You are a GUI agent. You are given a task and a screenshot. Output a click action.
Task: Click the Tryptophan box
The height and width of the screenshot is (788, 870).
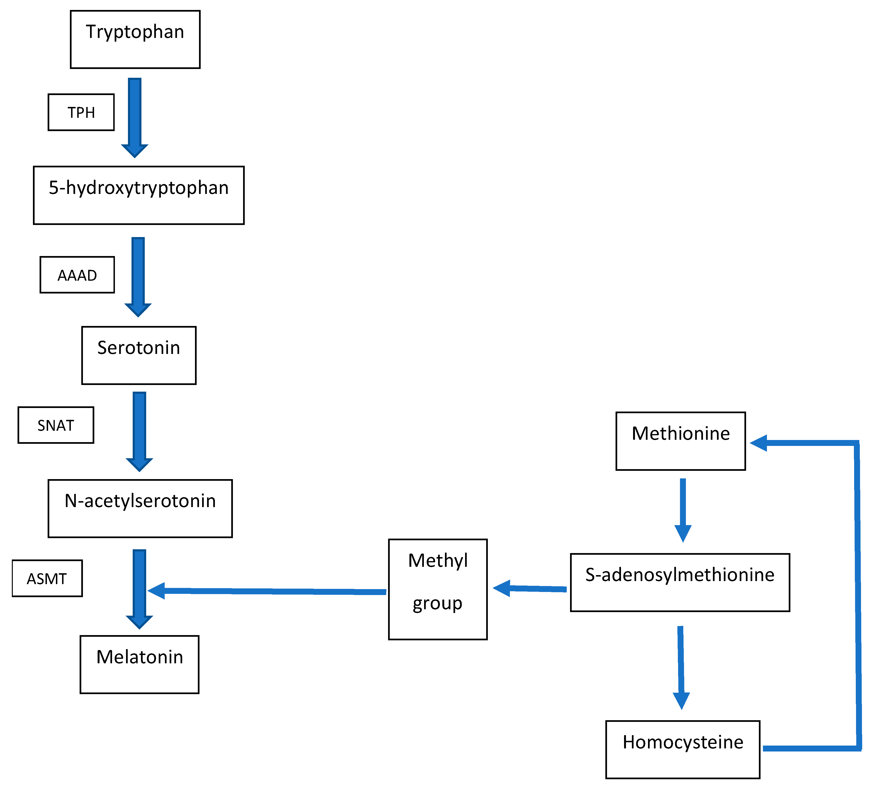(135, 39)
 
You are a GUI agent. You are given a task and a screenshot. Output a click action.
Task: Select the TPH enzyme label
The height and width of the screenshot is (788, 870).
(81, 112)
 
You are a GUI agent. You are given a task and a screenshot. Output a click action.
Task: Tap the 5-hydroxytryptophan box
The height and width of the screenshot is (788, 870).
(139, 195)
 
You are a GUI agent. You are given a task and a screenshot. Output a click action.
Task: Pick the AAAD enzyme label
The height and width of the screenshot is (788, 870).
(77, 275)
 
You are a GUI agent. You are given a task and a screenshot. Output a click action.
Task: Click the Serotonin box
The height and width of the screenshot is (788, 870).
(139, 355)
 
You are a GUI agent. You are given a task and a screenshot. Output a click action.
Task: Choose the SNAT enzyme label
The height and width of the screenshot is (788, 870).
(56, 425)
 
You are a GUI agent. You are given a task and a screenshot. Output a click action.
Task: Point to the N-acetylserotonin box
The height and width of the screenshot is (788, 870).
(140, 509)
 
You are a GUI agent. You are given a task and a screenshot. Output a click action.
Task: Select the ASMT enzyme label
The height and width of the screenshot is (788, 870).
(47, 579)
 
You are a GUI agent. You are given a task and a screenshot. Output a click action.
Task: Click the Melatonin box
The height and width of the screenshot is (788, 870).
(139, 664)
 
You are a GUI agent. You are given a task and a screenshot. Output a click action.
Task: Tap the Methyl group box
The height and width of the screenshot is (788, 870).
(438, 589)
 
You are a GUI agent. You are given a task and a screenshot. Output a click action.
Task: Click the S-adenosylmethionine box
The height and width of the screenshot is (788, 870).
(680, 582)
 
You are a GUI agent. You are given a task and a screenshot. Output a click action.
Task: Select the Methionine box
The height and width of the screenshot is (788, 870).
(680, 441)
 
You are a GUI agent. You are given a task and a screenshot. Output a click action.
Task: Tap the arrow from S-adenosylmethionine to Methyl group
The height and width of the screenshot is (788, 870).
(531, 589)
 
